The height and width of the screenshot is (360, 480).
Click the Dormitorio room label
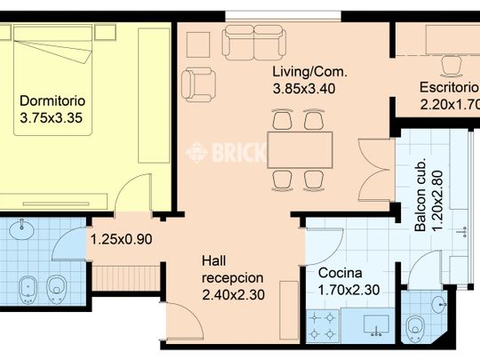pos(52,101)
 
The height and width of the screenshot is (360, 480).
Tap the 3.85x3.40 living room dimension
pos(304,89)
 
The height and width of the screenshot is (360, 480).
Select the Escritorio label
pos(450,87)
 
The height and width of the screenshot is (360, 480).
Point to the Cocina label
pos(340,273)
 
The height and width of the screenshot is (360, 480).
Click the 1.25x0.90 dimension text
pos(122,239)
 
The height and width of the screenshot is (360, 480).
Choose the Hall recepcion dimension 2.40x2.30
pos(233,295)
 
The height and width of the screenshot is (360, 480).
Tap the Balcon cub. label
pos(420,195)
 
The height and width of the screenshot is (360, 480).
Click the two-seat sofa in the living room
pos(254,43)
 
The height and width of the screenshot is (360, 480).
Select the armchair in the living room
pos(199,84)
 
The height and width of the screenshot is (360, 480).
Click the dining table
pos(300,150)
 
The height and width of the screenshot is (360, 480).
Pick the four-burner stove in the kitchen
pos(323,326)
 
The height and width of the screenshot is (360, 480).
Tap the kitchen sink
pos(377,325)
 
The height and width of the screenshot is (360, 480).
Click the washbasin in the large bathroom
pos(21,229)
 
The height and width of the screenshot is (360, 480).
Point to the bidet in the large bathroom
pos(28,290)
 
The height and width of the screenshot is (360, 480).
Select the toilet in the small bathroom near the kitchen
pos(415,329)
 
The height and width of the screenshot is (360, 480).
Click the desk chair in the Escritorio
pos(452,67)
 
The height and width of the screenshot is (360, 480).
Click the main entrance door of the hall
pos(185,321)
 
